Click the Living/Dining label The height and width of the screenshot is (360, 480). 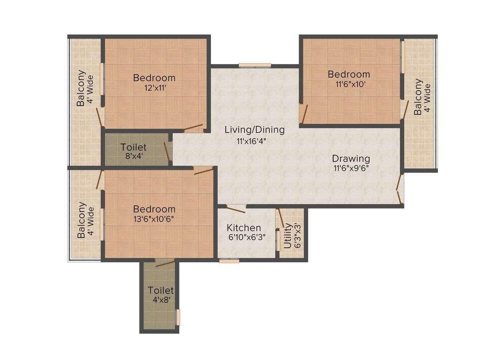click(254, 130)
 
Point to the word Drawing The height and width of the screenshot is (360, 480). click(351, 158)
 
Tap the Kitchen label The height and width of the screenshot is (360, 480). click(244, 228)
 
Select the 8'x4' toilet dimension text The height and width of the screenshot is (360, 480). click(134, 157)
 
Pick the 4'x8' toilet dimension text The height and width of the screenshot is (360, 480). click(161, 300)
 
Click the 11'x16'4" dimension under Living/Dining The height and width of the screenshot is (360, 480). click(254, 140)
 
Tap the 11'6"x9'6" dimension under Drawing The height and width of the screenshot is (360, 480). click(351, 168)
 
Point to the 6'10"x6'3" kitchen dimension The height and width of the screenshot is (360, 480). click(246, 237)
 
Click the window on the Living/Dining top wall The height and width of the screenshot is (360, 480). click(255, 66)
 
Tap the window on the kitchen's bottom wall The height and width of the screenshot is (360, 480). click(229, 260)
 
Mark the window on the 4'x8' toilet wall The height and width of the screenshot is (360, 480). click(178, 317)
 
